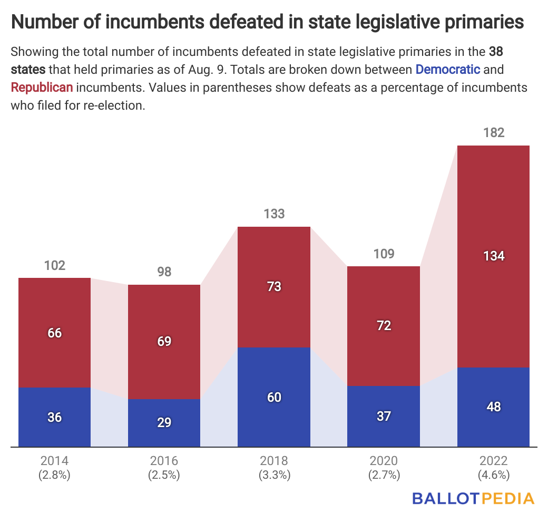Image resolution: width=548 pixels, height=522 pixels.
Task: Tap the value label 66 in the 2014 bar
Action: (55, 333)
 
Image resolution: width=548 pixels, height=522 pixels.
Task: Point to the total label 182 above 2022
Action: (493, 132)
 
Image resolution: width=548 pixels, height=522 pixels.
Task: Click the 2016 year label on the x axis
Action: (164, 459)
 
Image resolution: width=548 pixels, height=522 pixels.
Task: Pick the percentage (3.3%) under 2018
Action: (274, 475)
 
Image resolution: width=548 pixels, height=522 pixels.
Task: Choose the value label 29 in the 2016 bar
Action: (164, 423)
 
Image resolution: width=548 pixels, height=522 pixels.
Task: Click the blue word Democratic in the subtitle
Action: (448, 69)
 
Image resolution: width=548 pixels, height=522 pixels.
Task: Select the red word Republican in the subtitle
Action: (42, 87)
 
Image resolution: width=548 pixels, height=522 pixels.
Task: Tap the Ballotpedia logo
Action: (473, 498)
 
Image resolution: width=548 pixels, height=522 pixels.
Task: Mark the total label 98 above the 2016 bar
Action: (164, 272)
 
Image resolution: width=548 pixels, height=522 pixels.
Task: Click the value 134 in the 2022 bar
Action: (493, 256)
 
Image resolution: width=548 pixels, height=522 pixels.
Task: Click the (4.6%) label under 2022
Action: (493, 475)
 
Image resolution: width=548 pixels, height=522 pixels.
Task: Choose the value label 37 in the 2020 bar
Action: (384, 417)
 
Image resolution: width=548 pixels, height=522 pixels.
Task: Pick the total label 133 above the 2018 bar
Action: (274, 214)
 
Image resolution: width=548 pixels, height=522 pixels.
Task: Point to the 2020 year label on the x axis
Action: (384, 459)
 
